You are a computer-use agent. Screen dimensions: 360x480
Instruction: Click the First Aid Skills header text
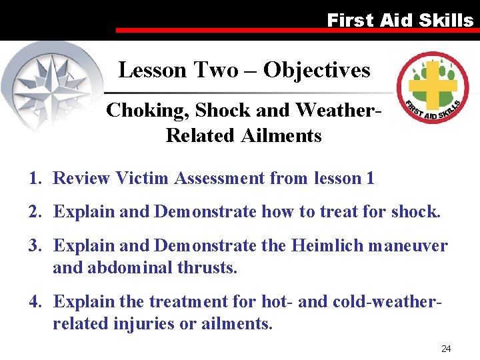pyautogui.click(x=400, y=20)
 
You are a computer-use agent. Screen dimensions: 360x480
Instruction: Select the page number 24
pyautogui.click(x=446, y=349)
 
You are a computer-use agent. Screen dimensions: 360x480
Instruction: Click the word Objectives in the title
pyautogui.click(x=317, y=70)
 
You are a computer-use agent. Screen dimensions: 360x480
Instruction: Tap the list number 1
pyautogui.click(x=33, y=178)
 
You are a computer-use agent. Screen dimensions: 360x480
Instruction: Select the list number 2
pyautogui.click(x=33, y=212)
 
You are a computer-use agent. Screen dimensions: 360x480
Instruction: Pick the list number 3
pyautogui.click(x=33, y=246)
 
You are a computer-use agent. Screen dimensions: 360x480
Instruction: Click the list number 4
pyautogui.click(x=33, y=301)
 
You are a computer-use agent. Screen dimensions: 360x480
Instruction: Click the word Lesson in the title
pyautogui.click(x=153, y=70)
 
